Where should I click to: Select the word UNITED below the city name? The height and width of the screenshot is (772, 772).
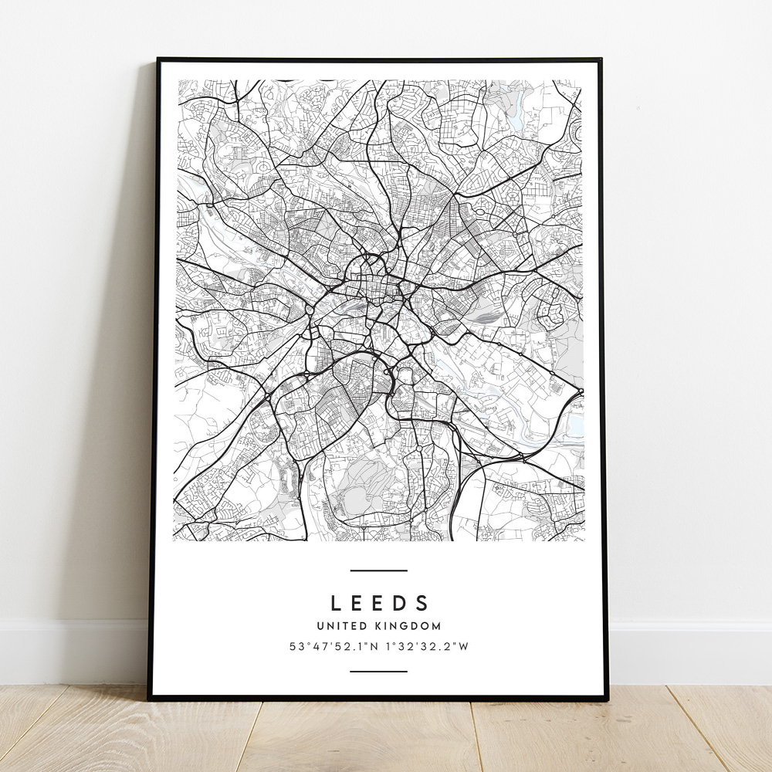click(340, 626)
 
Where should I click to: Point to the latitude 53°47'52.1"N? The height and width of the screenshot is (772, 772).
click(334, 647)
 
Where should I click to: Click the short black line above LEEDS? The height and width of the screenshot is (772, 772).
click(378, 571)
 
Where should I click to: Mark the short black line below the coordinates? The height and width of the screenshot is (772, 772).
click(378, 671)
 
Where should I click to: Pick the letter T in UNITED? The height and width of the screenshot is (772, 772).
click(342, 626)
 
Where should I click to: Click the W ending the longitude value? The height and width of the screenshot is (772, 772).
click(464, 647)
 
